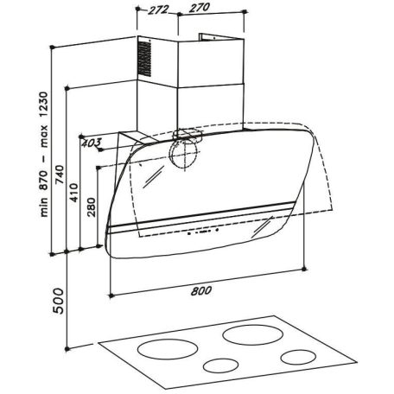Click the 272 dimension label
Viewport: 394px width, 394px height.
click(158, 10)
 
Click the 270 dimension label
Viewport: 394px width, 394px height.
click(200, 8)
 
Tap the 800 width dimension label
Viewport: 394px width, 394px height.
click(201, 290)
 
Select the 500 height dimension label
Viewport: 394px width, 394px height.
click(59, 301)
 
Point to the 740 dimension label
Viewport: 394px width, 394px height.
click(60, 175)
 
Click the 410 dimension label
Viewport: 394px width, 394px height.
click(74, 193)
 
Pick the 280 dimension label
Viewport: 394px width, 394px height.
click(92, 207)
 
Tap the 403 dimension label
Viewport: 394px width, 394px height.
click(92, 143)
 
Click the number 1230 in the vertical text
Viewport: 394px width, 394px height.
click(43, 105)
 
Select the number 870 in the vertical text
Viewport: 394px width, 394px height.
click(43, 181)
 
